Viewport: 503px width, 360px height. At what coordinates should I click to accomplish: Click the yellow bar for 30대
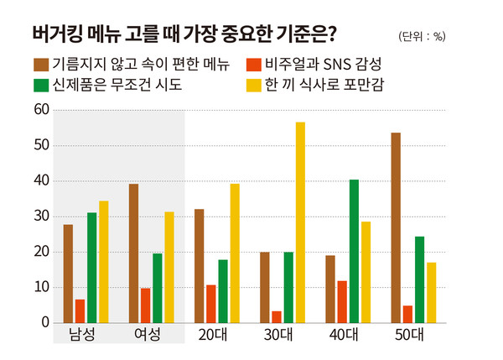tap(300, 222)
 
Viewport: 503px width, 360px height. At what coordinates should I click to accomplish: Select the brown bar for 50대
tap(396, 227)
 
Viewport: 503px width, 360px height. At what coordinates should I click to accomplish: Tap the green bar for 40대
tap(354, 251)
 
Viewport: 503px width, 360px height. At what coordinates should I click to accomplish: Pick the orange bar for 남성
tap(80, 311)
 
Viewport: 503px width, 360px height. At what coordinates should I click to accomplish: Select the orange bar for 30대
tap(276, 317)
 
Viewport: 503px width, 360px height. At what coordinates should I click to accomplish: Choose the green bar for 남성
tap(91, 268)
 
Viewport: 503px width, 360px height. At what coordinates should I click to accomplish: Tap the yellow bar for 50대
tap(431, 293)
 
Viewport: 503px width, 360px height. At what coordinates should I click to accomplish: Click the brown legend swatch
tap(41, 64)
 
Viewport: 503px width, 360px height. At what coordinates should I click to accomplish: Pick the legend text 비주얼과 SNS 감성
tap(323, 64)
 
